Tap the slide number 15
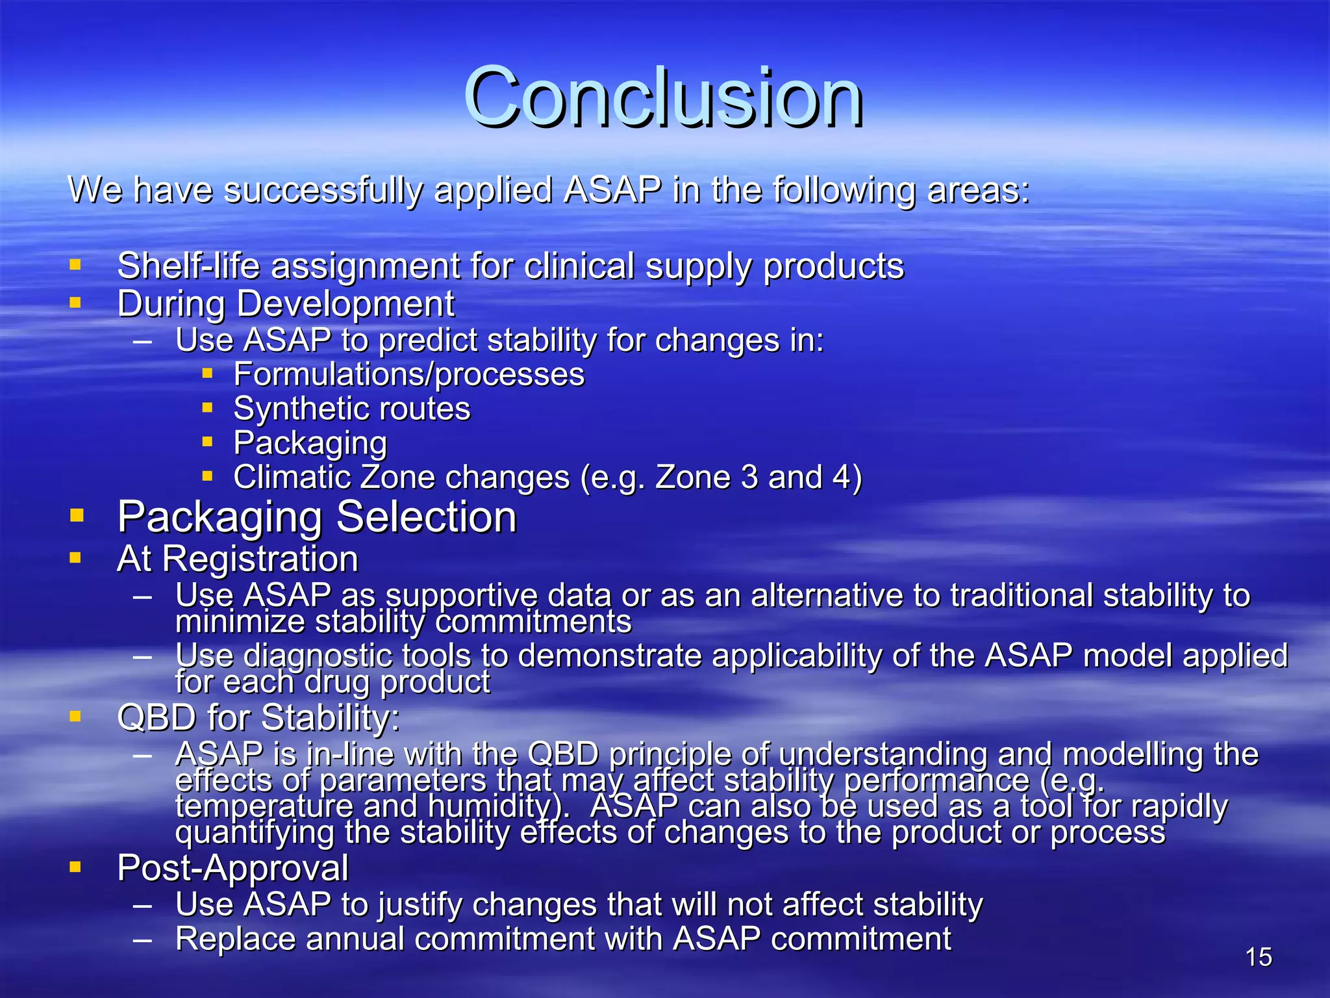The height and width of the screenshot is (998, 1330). pos(1258,957)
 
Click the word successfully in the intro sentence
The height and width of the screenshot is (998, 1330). pos(323,190)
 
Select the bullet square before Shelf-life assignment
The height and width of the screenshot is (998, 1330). pos(75,264)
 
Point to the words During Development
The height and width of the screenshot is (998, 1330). pos(286,303)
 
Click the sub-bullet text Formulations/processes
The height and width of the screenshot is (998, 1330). pos(408,374)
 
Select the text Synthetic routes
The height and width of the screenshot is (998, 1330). pos(351,409)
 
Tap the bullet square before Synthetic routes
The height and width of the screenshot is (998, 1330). pos(207,408)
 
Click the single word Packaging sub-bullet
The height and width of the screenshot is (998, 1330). pos(310,443)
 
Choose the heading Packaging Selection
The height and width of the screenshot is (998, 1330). pos(316,517)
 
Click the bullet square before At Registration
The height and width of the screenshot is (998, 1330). pos(75,557)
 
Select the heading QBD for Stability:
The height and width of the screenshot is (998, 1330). pos(258,717)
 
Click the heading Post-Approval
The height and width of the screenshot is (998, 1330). pos(232,867)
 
